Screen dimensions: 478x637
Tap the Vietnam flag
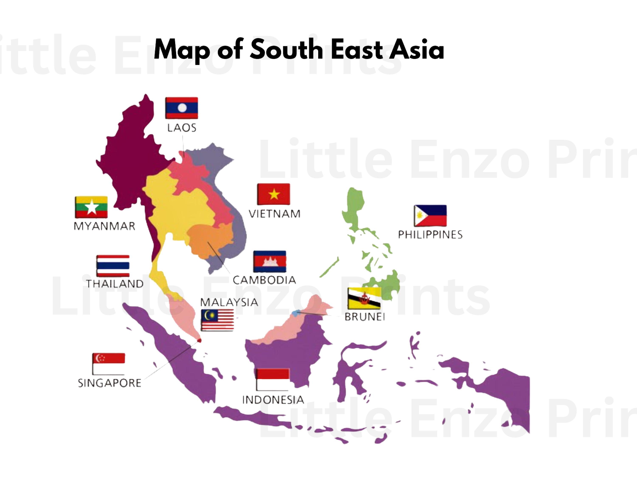click(x=273, y=194)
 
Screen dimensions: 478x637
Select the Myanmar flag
click(x=91, y=207)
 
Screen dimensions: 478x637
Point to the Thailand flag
click(x=113, y=266)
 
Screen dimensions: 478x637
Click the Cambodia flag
click(x=269, y=261)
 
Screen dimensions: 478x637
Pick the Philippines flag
click(x=430, y=215)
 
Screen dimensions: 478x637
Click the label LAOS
click(x=182, y=128)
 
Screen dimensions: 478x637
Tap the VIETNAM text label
click(x=274, y=214)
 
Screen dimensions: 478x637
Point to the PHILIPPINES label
click(x=430, y=235)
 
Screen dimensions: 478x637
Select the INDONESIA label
click(x=273, y=400)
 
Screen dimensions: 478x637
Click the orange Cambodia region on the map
click(x=209, y=240)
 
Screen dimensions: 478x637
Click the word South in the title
click(x=286, y=49)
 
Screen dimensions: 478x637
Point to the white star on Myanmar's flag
click(x=91, y=207)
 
